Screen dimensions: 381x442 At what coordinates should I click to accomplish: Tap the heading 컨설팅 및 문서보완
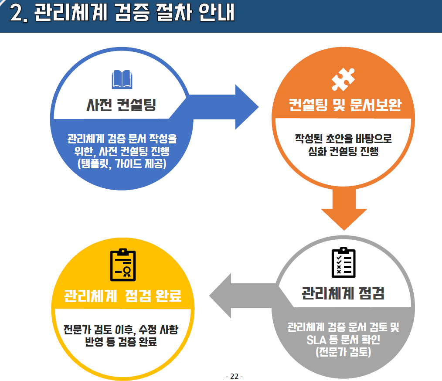pyautogui.click(x=344, y=106)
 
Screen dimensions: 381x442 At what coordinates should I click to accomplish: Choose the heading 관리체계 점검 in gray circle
pyautogui.click(x=343, y=293)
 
